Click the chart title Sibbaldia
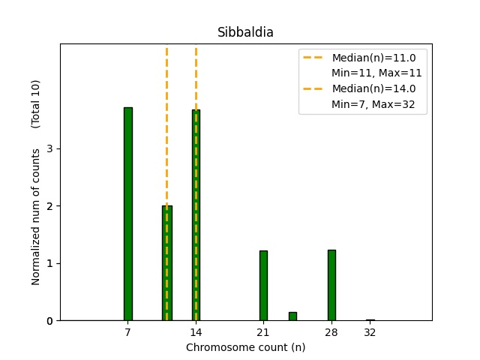click(x=245, y=33)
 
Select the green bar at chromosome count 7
click(x=128, y=214)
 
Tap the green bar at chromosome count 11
click(x=166, y=262)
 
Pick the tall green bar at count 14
click(x=196, y=214)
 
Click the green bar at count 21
click(x=263, y=285)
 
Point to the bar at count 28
click(x=331, y=285)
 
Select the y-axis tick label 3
click(x=49, y=148)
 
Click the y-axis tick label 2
click(x=49, y=206)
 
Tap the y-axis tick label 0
click(x=49, y=321)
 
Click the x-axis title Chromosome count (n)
click(x=245, y=347)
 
